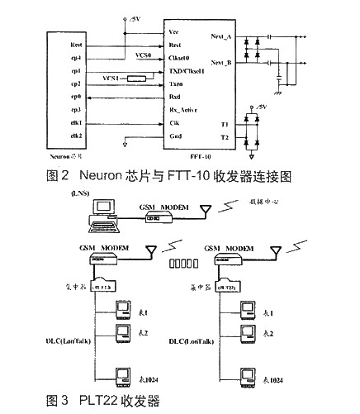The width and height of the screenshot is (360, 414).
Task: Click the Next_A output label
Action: coord(220,39)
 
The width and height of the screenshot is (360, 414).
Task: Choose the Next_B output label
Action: coord(220,63)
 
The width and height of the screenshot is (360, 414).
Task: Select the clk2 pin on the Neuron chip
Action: coord(75,135)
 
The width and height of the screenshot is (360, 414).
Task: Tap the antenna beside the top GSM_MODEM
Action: coord(203,212)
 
